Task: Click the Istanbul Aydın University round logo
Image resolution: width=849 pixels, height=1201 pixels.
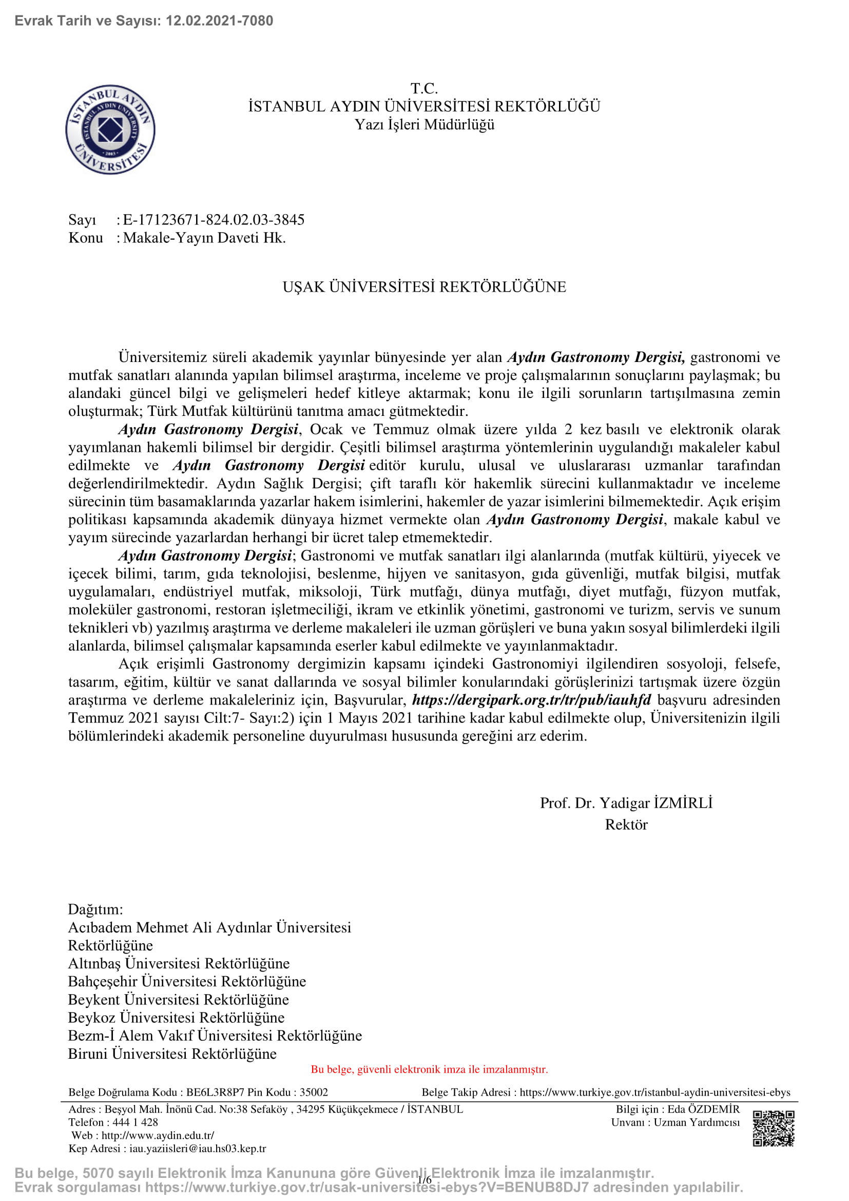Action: (110, 129)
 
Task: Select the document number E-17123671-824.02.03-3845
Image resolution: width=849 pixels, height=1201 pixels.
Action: (214, 220)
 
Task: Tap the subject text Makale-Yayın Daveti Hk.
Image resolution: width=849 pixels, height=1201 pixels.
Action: (204, 238)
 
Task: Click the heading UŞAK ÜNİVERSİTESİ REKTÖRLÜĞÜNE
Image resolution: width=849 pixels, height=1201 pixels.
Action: (424, 287)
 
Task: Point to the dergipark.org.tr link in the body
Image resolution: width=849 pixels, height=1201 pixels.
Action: (531, 700)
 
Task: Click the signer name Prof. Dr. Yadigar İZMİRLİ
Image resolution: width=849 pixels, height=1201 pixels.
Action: (626, 803)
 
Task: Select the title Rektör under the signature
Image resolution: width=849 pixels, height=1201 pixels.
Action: (626, 825)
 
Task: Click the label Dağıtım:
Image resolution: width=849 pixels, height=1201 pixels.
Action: (95, 909)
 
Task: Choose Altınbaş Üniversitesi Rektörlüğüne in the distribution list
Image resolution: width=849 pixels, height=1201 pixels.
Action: (179, 963)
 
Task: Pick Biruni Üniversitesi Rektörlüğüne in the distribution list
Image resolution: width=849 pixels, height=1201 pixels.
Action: (172, 1054)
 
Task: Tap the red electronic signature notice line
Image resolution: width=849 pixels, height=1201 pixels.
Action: (429, 1069)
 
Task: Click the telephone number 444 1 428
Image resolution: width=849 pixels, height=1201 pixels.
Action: (135, 1122)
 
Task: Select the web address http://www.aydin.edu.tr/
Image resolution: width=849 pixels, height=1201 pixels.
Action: (158, 1135)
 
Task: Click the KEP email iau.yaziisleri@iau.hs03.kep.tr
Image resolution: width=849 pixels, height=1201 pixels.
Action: (198, 1149)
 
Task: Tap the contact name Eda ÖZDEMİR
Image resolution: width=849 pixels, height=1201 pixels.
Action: (703, 1109)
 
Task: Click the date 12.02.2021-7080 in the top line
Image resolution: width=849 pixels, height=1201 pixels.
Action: (219, 21)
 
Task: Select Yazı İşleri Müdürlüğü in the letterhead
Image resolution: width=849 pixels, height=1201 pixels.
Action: (424, 125)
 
